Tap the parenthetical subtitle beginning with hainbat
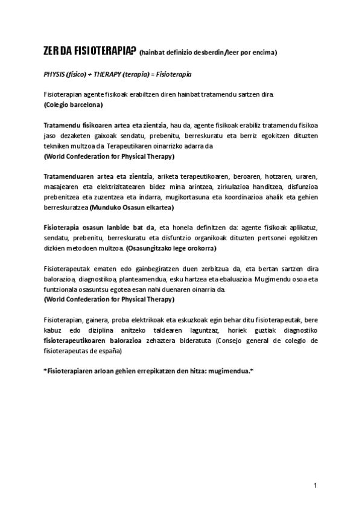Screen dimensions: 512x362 coord(208,53)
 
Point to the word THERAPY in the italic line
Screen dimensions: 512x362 coord(115,74)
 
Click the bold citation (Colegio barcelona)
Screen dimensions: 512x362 coord(73,104)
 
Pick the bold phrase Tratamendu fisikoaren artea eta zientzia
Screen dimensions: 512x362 coord(106,125)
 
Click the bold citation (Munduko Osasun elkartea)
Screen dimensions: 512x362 coord(131,208)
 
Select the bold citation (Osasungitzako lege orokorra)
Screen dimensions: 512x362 coord(171,248)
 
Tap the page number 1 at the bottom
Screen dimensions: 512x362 coord(315,485)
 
